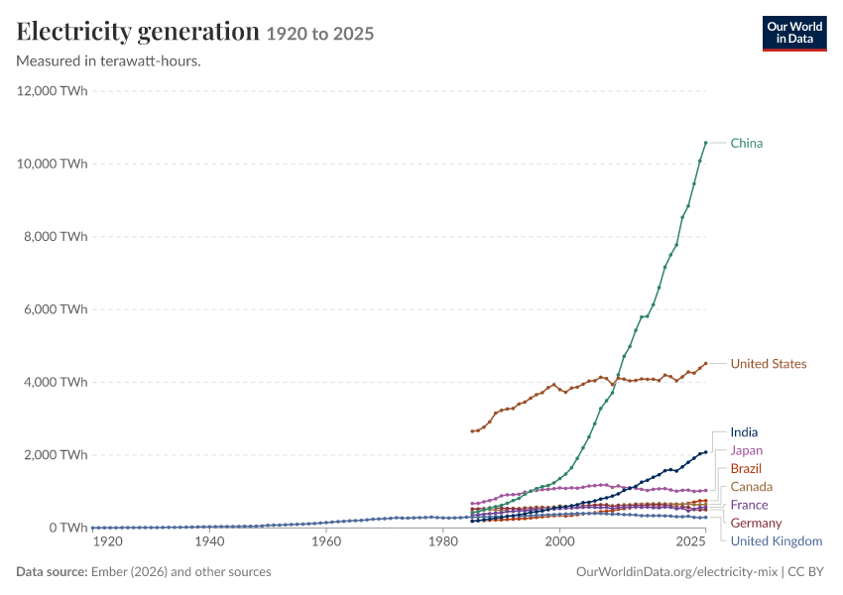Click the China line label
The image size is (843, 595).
click(x=746, y=143)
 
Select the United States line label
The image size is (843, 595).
click(x=769, y=364)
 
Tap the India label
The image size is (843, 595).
click(x=744, y=432)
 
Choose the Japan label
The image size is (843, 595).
click(x=746, y=450)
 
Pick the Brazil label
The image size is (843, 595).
click(x=746, y=469)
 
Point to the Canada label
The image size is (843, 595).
click(x=751, y=487)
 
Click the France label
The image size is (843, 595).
click(x=749, y=505)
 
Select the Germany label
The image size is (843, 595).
click(x=756, y=523)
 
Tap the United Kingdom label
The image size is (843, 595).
click(x=777, y=541)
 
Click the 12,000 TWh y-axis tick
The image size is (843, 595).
click(x=53, y=91)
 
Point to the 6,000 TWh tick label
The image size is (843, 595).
click(x=56, y=309)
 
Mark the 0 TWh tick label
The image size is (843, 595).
click(x=68, y=528)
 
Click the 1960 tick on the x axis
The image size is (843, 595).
click(x=326, y=541)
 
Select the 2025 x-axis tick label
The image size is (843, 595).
click(x=691, y=541)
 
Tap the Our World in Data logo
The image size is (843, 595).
click(x=794, y=34)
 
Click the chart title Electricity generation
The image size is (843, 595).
click(x=138, y=32)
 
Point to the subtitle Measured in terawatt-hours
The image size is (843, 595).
click(x=109, y=61)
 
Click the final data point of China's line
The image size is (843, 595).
click(x=706, y=143)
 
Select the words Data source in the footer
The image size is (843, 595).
click(x=52, y=572)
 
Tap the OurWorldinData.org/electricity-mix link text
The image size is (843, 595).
click(x=676, y=572)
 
